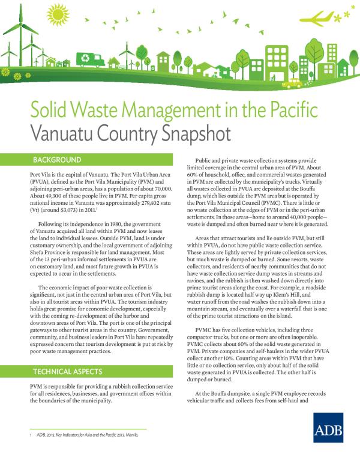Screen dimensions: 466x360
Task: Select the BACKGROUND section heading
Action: click(56, 160)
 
